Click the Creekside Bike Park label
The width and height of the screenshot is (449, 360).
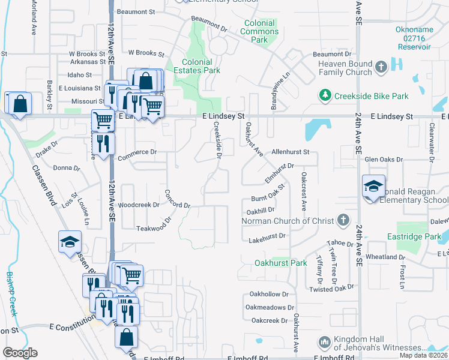point(372,96)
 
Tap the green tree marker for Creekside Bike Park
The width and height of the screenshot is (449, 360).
point(325,95)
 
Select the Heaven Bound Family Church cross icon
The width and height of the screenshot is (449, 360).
point(381,68)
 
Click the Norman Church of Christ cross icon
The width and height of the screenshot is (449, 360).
point(343,220)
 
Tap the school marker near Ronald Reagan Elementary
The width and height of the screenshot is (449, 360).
point(373,187)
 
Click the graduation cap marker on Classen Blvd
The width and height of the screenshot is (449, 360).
point(70,243)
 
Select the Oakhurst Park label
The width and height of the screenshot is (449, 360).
point(280,263)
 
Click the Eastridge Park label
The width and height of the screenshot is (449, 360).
point(419,237)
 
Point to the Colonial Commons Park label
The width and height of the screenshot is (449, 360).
point(259,31)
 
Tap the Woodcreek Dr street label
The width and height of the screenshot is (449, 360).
point(139,205)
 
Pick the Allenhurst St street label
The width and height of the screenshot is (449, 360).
point(290,153)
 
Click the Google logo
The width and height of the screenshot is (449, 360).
point(20,353)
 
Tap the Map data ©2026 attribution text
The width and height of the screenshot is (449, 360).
point(424,355)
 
